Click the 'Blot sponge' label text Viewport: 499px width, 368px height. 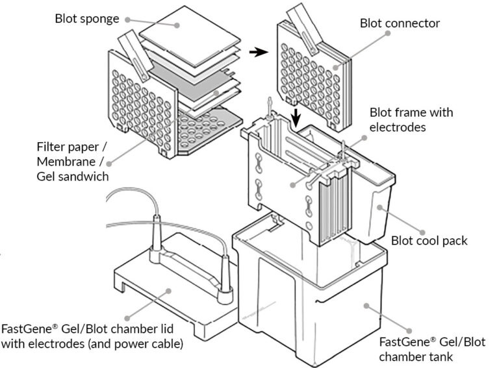click(86, 18)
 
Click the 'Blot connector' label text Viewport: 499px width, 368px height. click(400, 23)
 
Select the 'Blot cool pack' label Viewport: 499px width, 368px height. click(429, 241)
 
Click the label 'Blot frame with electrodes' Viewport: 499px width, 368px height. click(411, 119)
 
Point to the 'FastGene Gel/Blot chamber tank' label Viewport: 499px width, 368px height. click(431, 349)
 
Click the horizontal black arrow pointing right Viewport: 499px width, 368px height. click(259, 53)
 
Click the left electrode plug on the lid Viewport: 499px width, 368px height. click(156, 234)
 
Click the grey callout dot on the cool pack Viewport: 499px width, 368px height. click(379, 209)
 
